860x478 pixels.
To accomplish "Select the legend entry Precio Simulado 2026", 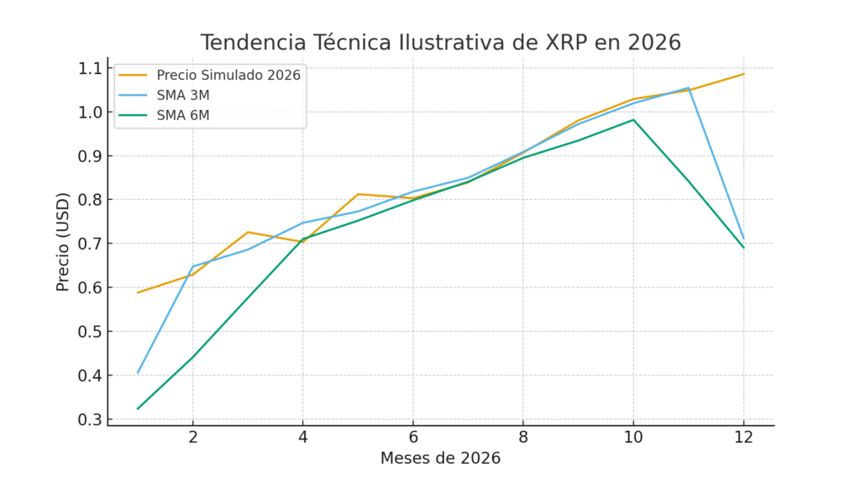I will coord(228,75).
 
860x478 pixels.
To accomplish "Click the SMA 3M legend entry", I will coord(183,95).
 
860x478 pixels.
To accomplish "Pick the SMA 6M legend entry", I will coord(183,116).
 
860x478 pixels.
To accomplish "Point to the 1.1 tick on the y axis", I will coord(88,68).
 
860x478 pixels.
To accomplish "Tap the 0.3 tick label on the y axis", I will coord(88,419).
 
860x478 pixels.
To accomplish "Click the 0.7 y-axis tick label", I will coord(88,244).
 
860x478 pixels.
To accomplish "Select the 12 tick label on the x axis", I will coord(743,439).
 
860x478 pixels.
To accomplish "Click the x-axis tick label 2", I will coord(192,439).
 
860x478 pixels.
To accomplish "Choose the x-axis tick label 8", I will coord(523,439).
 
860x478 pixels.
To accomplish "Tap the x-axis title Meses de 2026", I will coord(440,459).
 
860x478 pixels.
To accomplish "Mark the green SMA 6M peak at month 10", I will coord(633,119).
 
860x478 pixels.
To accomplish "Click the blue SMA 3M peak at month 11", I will coord(689,87).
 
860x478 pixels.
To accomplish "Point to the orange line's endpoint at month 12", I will coord(743,74).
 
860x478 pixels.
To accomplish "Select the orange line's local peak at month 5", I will coord(358,194).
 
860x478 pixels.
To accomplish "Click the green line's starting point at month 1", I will coord(138,409).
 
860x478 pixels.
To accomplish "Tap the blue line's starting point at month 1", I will coord(138,373).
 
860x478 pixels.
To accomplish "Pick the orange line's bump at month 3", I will coord(248,232).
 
